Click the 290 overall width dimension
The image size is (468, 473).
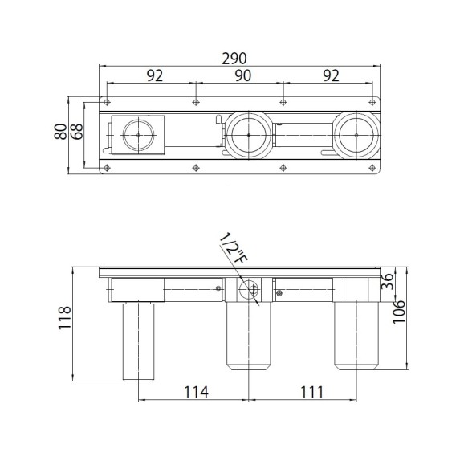pos(234,59)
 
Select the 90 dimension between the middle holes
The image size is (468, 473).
pos(242,75)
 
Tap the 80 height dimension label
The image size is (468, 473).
pos(61,131)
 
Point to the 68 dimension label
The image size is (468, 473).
pos(77,131)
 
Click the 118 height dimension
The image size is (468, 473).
pos(65,317)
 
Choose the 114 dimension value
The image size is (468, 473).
pos(197,392)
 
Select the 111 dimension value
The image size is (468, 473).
pos(311,392)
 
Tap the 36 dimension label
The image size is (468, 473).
pos(387,281)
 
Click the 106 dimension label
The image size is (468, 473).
pos(399,312)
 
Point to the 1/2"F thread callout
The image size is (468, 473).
pos(233,248)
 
